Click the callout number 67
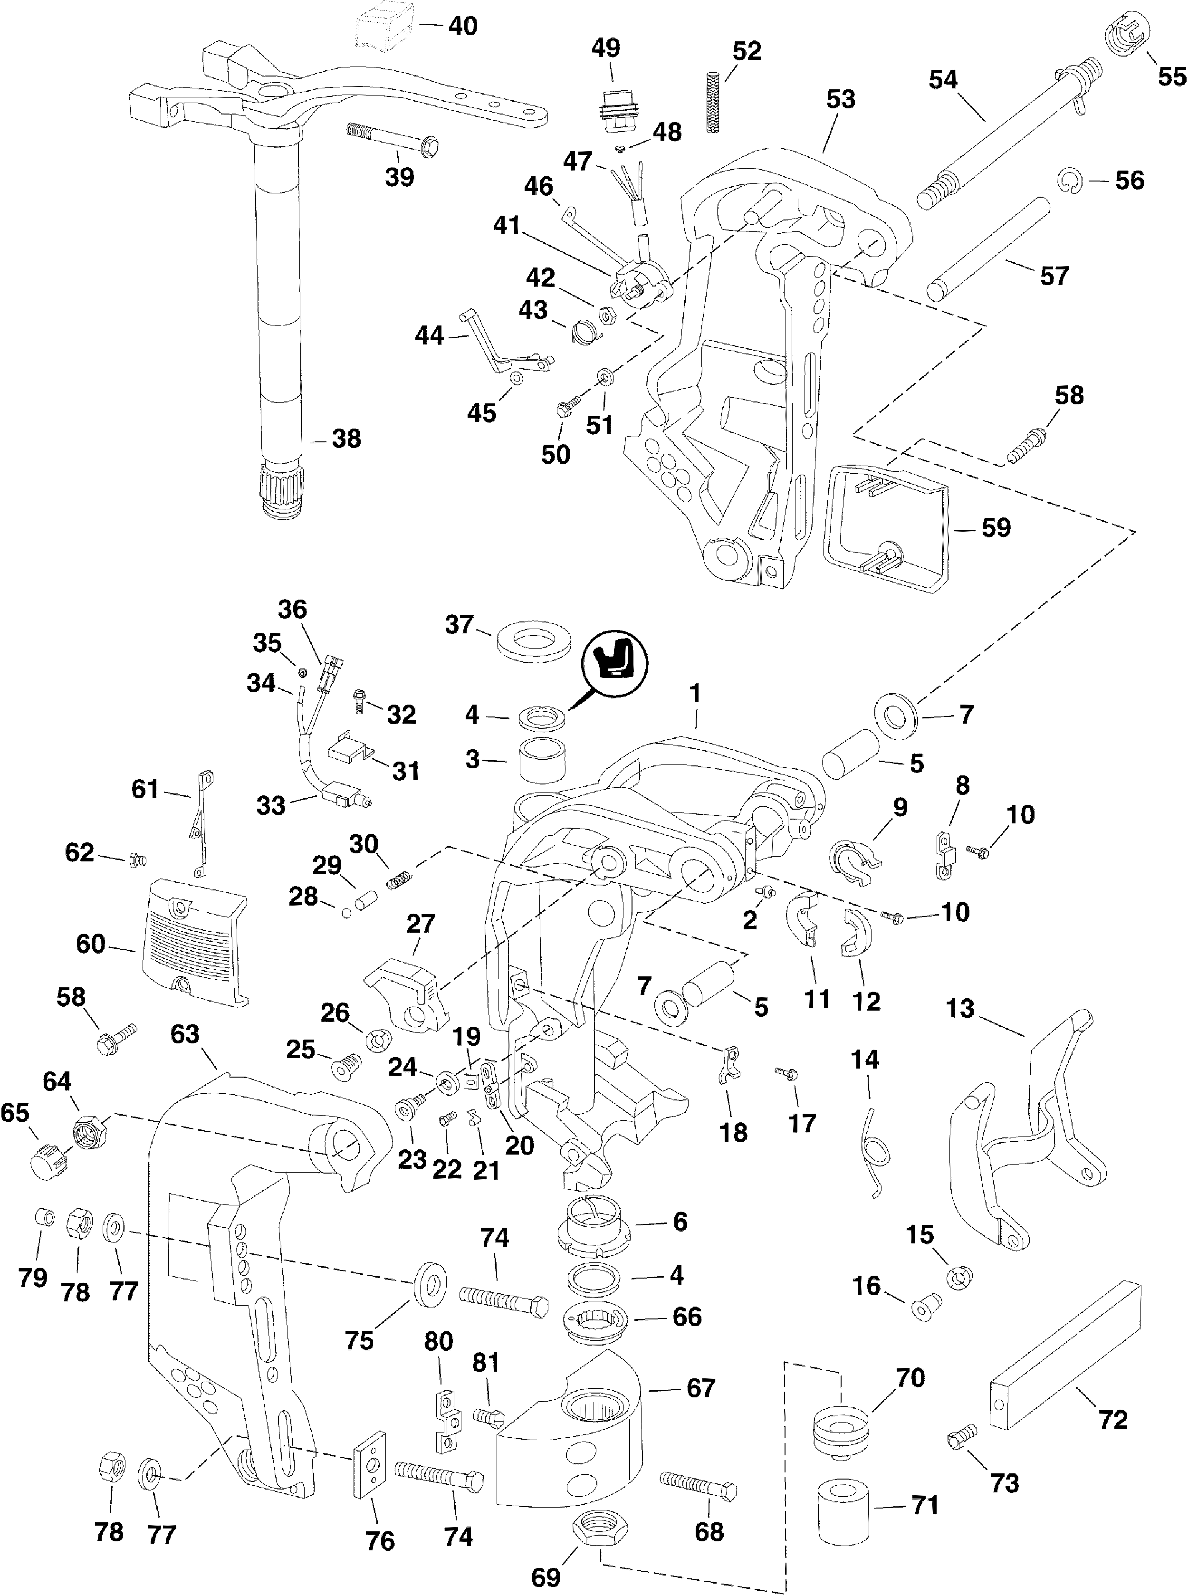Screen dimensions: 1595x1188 coord(700,1387)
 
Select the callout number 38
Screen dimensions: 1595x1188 coord(346,439)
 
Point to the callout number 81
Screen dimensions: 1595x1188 coord(485,1363)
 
